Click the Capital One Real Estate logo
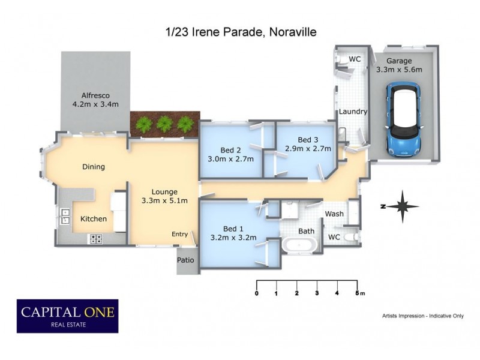(x=67, y=316)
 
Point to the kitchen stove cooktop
(x=96, y=238)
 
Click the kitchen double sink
(x=64, y=215)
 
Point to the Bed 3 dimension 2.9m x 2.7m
(x=308, y=149)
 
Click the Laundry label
(x=353, y=112)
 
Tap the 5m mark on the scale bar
(x=358, y=293)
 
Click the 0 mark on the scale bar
(x=257, y=293)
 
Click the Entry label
(x=179, y=234)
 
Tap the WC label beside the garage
(x=355, y=59)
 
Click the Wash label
(x=334, y=214)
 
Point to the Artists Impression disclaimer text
(x=422, y=316)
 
